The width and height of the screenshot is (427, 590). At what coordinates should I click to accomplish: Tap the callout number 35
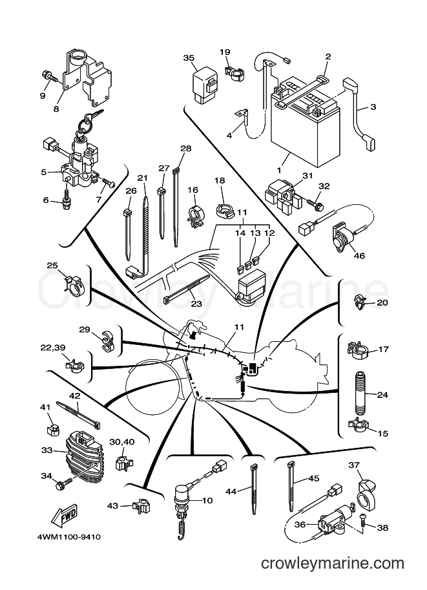click(189, 58)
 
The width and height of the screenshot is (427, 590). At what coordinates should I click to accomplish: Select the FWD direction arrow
click(65, 515)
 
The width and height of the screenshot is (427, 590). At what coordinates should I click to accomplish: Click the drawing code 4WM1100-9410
click(69, 537)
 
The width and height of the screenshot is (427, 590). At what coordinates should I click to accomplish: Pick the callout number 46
click(360, 256)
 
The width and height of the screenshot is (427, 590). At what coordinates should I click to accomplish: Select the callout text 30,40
click(122, 442)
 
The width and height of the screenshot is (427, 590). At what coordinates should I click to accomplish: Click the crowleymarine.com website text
click(333, 564)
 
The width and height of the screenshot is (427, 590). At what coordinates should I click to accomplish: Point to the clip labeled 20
click(360, 303)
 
